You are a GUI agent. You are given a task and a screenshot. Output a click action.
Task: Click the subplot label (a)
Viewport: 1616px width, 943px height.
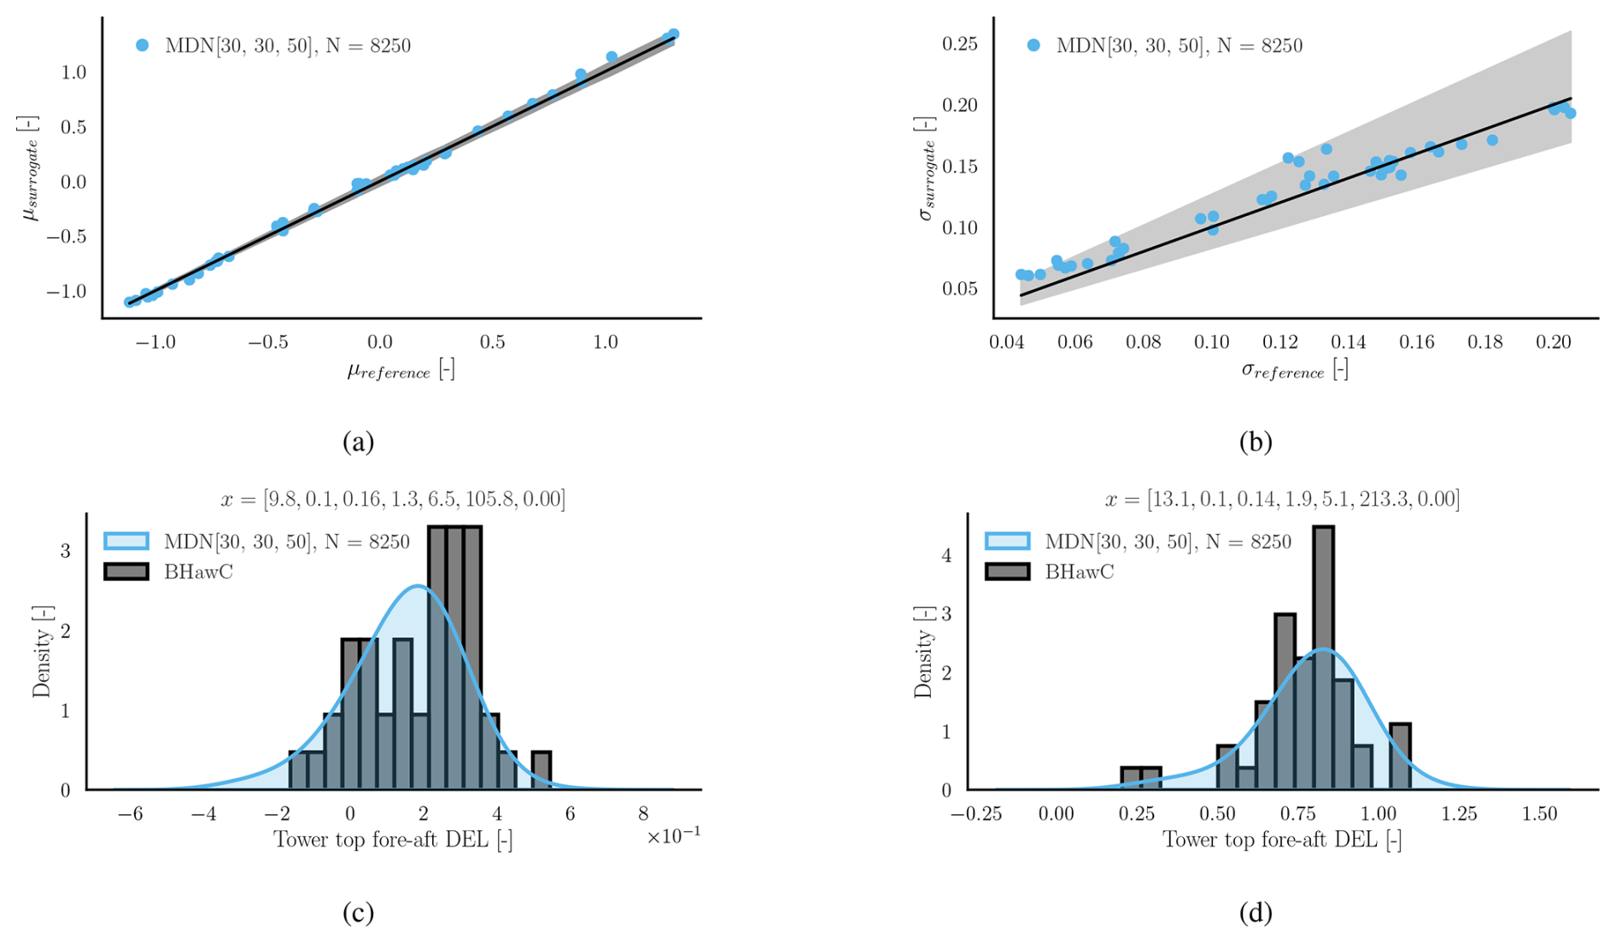358,442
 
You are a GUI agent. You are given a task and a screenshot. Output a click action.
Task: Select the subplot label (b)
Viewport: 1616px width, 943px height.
1256,442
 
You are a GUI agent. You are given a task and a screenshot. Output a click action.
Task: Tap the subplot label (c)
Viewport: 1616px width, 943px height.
358,913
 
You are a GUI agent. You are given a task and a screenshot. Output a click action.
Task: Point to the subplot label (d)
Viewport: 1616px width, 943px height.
1256,913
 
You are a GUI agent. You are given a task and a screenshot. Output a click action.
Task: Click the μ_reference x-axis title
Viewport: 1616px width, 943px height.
401,371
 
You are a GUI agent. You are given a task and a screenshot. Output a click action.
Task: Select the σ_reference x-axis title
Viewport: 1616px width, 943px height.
1294,371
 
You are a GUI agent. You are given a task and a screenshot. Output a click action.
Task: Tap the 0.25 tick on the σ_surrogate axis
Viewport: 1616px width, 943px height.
959,44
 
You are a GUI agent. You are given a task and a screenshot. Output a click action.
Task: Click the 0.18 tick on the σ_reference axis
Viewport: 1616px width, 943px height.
1485,343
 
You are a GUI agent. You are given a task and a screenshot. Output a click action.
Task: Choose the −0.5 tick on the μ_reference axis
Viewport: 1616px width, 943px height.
267,343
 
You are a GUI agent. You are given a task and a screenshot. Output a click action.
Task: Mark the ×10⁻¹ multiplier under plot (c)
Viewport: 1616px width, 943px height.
674,836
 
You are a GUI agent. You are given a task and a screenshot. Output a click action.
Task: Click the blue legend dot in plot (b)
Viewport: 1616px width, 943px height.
1033,45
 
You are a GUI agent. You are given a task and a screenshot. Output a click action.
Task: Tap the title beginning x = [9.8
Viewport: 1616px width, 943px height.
393,499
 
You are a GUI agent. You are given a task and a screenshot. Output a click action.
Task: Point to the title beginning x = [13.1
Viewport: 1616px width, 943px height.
1282,499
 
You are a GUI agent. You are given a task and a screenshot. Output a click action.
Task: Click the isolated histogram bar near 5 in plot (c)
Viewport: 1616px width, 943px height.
541,770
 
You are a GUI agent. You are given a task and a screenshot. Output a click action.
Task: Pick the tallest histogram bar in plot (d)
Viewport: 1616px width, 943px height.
1323,658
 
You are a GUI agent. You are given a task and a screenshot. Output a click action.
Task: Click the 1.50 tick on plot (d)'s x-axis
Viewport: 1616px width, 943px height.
1540,814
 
